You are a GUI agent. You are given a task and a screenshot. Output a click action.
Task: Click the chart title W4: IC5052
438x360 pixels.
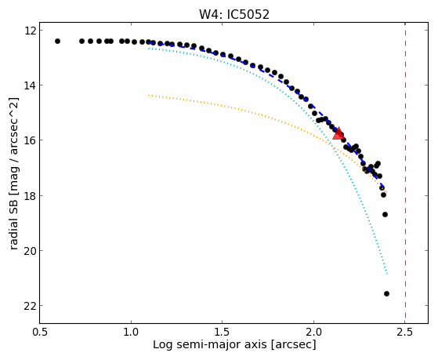(x=234, y=15)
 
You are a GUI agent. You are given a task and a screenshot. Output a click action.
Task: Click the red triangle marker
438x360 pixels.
(x=338, y=133)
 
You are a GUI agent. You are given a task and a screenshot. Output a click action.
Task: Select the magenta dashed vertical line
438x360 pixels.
(x=405, y=173)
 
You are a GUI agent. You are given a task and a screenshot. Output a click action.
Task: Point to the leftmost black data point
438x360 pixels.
(x=57, y=41)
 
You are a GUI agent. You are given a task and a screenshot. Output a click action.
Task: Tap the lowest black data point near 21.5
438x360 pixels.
(x=386, y=293)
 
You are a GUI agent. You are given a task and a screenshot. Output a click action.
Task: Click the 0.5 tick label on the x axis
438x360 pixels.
(x=39, y=332)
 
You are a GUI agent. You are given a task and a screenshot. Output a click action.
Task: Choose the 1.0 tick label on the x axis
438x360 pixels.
(x=131, y=332)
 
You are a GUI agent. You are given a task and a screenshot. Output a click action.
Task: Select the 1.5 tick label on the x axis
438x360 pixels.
(x=222, y=332)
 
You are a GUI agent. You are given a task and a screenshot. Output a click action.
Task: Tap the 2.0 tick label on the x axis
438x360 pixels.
(x=313, y=332)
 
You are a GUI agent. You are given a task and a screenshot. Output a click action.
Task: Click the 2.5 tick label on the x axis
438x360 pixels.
(x=405, y=332)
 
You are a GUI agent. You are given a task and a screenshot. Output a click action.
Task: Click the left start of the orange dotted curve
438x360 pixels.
(x=149, y=96)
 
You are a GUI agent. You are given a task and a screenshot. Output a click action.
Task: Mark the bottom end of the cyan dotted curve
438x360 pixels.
(x=387, y=274)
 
